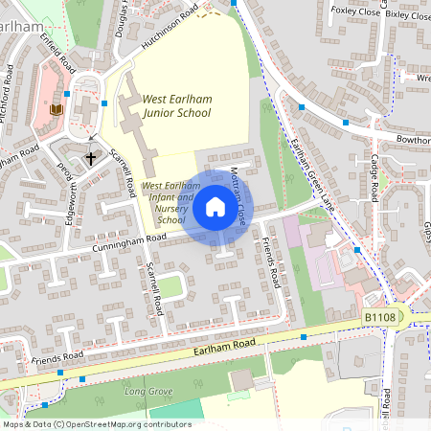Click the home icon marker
point(215,207)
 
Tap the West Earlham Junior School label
point(176,105)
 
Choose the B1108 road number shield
point(380,315)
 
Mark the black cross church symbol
point(92,157)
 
